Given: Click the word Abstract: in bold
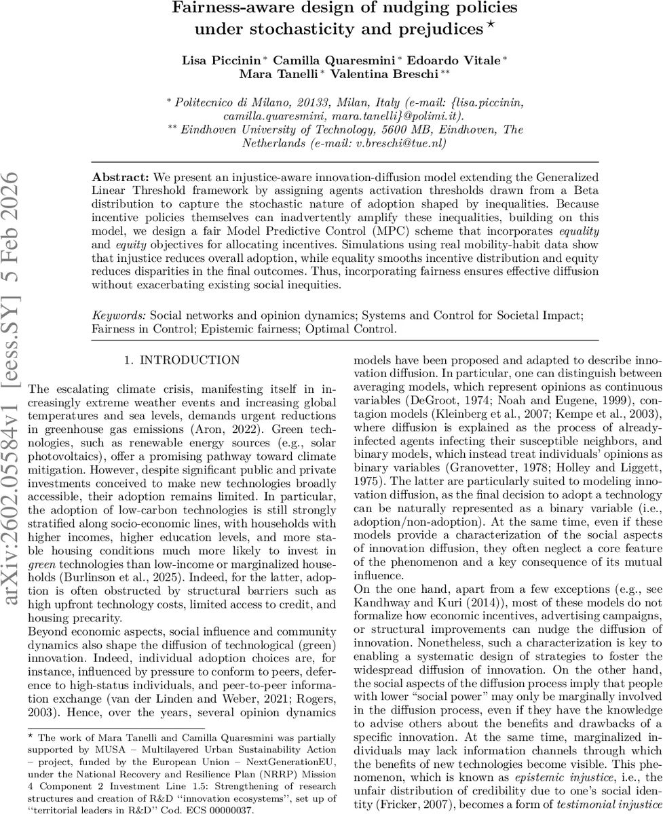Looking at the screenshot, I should tap(117, 176).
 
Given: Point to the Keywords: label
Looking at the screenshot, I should tap(119, 315).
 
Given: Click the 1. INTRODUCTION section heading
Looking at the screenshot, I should tap(181, 361).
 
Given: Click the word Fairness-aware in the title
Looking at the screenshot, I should tap(219, 9).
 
